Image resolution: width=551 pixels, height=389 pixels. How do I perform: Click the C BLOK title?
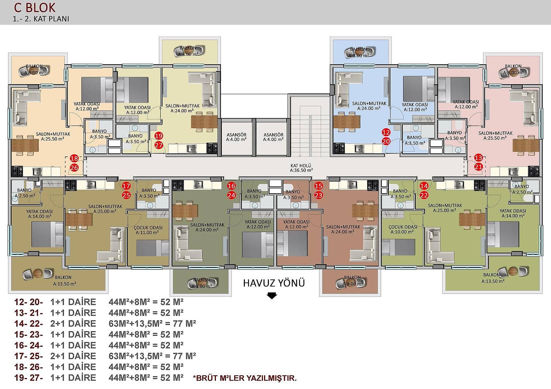[x=35, y=8]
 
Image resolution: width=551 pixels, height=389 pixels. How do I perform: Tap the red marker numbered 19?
[x=159, y=136]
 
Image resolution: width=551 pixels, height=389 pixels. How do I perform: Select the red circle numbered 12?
[x=386, y=132]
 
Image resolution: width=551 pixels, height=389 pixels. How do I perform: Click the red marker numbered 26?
[x=74, y=168]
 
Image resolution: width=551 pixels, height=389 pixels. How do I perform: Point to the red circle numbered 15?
[x=318, y=186]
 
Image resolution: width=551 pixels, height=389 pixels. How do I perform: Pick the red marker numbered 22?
[x=424, y=195]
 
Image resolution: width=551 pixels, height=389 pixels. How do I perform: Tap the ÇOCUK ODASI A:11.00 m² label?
[x=148, y=230]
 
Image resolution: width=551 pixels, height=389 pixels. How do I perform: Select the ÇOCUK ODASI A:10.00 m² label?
[x=403, y=229]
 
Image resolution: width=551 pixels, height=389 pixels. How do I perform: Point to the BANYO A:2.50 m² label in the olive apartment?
[x=25, y=193]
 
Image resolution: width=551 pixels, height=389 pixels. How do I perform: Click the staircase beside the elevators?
[x=310, y=126]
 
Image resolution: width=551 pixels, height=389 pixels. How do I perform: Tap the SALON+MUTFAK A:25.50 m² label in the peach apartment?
[x=53, y=136]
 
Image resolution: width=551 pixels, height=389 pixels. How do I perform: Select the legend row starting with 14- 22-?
[x=105, y=323]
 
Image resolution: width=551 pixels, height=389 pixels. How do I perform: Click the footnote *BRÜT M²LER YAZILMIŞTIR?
[x=245, y=378]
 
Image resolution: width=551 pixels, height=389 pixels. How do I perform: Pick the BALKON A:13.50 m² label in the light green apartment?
[x=493, y=278]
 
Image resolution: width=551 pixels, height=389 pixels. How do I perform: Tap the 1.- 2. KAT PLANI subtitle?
[x=41, y=19]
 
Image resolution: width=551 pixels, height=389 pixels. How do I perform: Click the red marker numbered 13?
[x=478, y=157]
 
